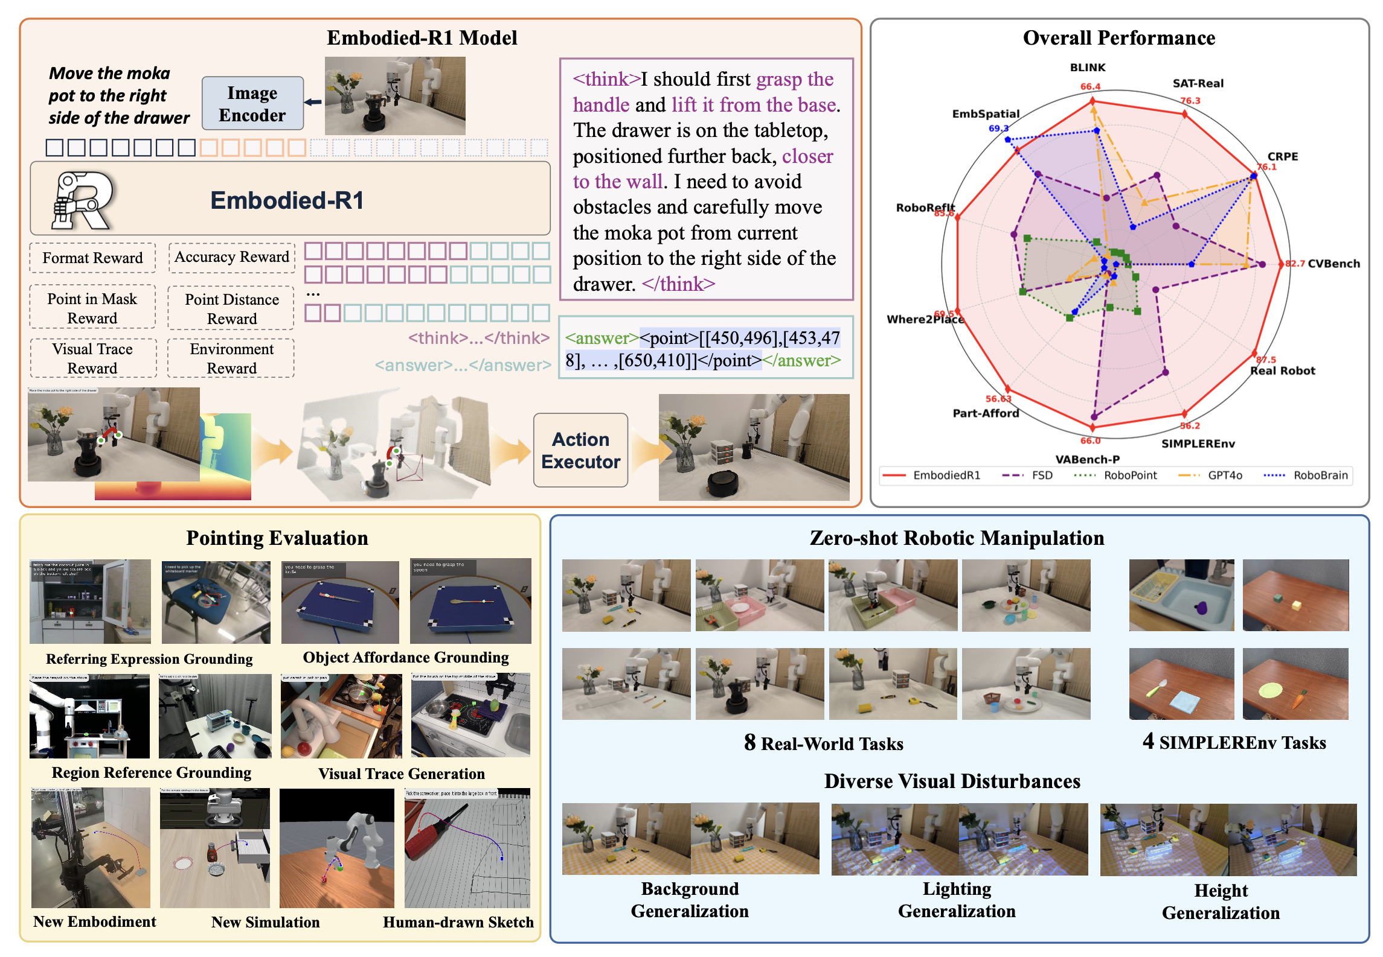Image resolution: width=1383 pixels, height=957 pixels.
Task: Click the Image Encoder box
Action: [252, 104]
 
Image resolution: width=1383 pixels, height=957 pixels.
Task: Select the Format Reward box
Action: [92, 258]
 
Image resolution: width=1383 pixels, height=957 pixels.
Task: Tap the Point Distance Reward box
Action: [231, 308]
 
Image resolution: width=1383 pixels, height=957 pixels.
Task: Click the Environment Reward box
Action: [231, 358]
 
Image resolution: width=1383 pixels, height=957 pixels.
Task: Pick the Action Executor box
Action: [580, 450]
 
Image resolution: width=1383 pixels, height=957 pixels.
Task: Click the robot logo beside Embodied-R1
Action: [81, 200]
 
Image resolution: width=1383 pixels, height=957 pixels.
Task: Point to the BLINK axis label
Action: [1087, 68]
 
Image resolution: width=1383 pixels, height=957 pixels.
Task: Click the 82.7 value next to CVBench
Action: [1294, 264]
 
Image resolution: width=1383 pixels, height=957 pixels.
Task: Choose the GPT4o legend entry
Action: [1224, 475]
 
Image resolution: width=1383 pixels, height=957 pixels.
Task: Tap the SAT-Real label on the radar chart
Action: [1198, 83]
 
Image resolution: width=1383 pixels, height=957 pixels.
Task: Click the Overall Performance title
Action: [1118, 38]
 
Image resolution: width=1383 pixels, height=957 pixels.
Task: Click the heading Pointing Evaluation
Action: [277, 538]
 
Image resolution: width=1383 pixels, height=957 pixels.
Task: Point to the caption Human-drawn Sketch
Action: [458, 922]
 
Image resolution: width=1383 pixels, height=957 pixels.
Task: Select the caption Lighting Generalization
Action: [957, 900]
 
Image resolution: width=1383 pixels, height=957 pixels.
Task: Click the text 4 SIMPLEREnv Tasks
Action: [1234, 742]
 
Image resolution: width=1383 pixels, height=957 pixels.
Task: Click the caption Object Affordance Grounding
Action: [405, 657]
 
